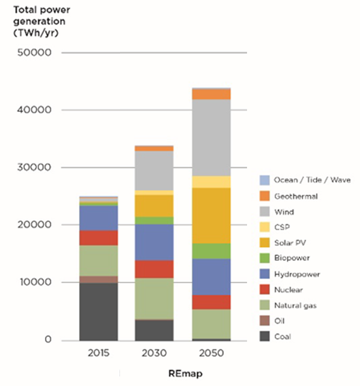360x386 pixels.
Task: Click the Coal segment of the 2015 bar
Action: point(98,311)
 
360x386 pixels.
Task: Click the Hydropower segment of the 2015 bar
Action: point(98,218)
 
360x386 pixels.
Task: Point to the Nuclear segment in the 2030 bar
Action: point(154,269)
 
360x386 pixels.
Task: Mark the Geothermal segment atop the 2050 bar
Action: point(211,94)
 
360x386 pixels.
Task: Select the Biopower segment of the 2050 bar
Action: point(211,251)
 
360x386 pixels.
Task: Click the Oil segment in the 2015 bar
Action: point(98,279)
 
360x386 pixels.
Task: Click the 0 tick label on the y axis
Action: point(48,340)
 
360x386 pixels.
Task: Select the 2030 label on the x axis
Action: point(154,354)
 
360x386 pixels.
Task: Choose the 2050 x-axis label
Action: point(211,354)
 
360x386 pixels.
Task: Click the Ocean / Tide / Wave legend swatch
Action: point(265,180)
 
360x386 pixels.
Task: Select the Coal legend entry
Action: point(281,337)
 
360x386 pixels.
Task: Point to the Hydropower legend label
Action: point(297,274)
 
